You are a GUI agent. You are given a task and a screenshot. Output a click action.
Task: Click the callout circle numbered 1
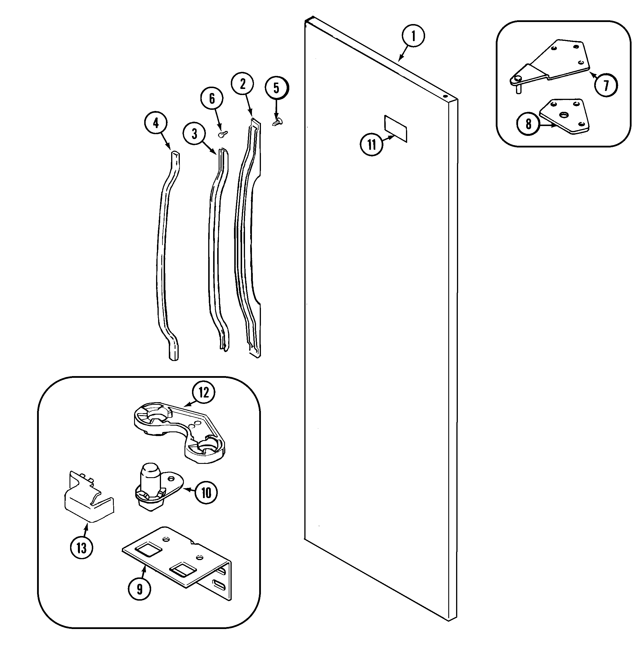[x=413, y=36]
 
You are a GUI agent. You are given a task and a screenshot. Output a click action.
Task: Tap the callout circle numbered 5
[x=277, y=88]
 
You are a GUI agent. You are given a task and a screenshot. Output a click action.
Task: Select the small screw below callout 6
[x=223, y=134]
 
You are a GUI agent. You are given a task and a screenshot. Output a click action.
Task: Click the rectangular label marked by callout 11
[x=396, y=128]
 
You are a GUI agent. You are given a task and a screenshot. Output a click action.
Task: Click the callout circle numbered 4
[x=156, y=123]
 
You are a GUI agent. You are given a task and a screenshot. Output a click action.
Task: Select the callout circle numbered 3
[x=194, y=134]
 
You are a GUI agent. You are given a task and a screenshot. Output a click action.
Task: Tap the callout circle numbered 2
[x=243, y=84]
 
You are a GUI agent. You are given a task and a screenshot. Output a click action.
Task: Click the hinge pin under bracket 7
[x=519, y=90]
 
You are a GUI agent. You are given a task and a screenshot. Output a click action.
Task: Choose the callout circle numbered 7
[x=606, y=85]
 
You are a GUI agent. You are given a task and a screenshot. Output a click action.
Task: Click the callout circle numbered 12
[x=204, y=393]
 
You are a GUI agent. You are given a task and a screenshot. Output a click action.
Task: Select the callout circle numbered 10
[x=206, y=493]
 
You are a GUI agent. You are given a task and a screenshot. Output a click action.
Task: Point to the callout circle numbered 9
[x=140, y=589]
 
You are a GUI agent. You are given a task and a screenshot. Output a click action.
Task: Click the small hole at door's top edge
[x=445, y=96]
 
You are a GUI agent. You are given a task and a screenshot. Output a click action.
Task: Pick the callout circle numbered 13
[x=81, y=548]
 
